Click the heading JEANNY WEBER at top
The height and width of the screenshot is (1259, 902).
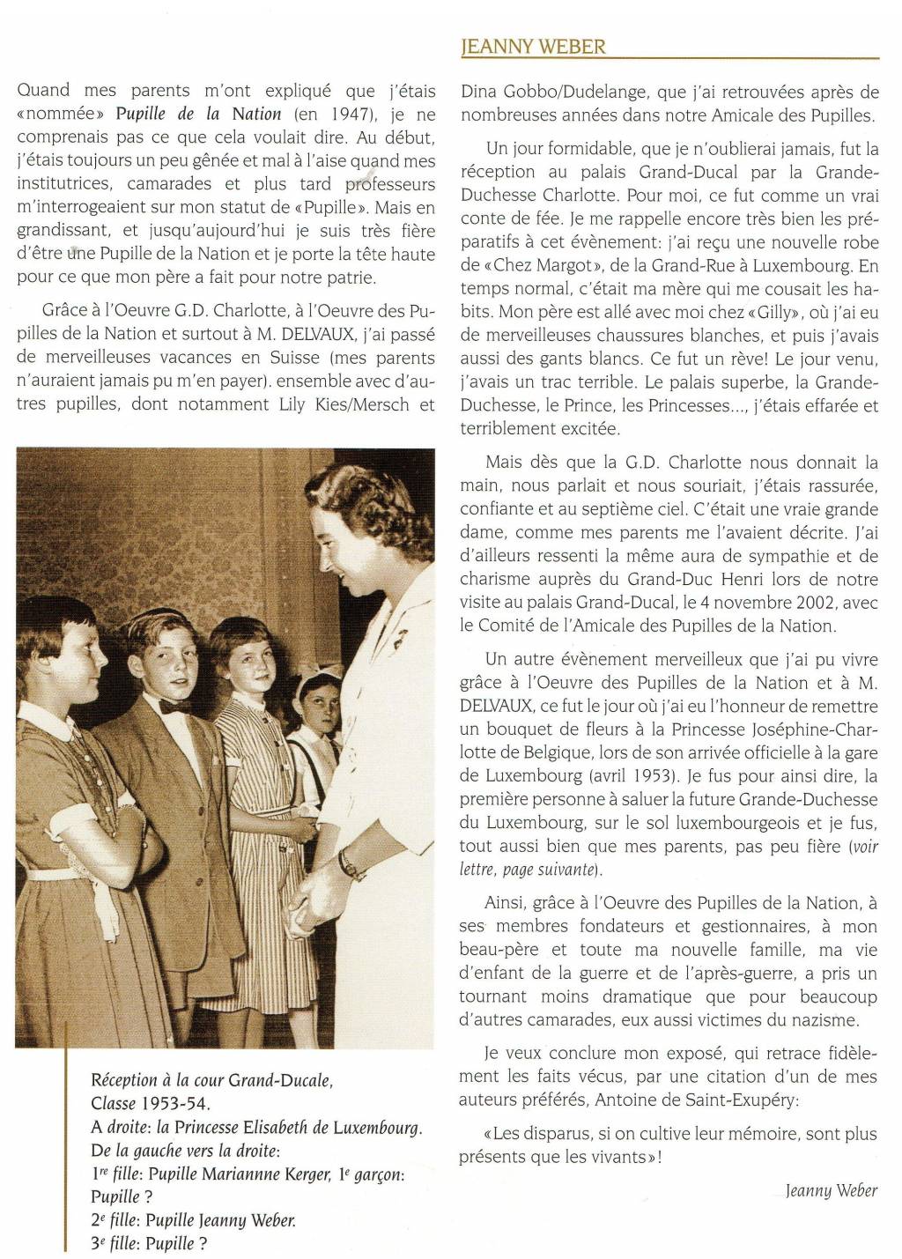[x=533, y=47]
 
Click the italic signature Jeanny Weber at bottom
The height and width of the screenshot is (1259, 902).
[x=832, y=1191]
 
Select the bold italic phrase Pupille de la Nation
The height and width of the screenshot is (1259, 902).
[x=198, y=114]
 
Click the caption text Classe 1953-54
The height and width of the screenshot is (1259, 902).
[x=151, y=1103]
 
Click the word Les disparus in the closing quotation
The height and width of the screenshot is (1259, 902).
[x=546, y=1134]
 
